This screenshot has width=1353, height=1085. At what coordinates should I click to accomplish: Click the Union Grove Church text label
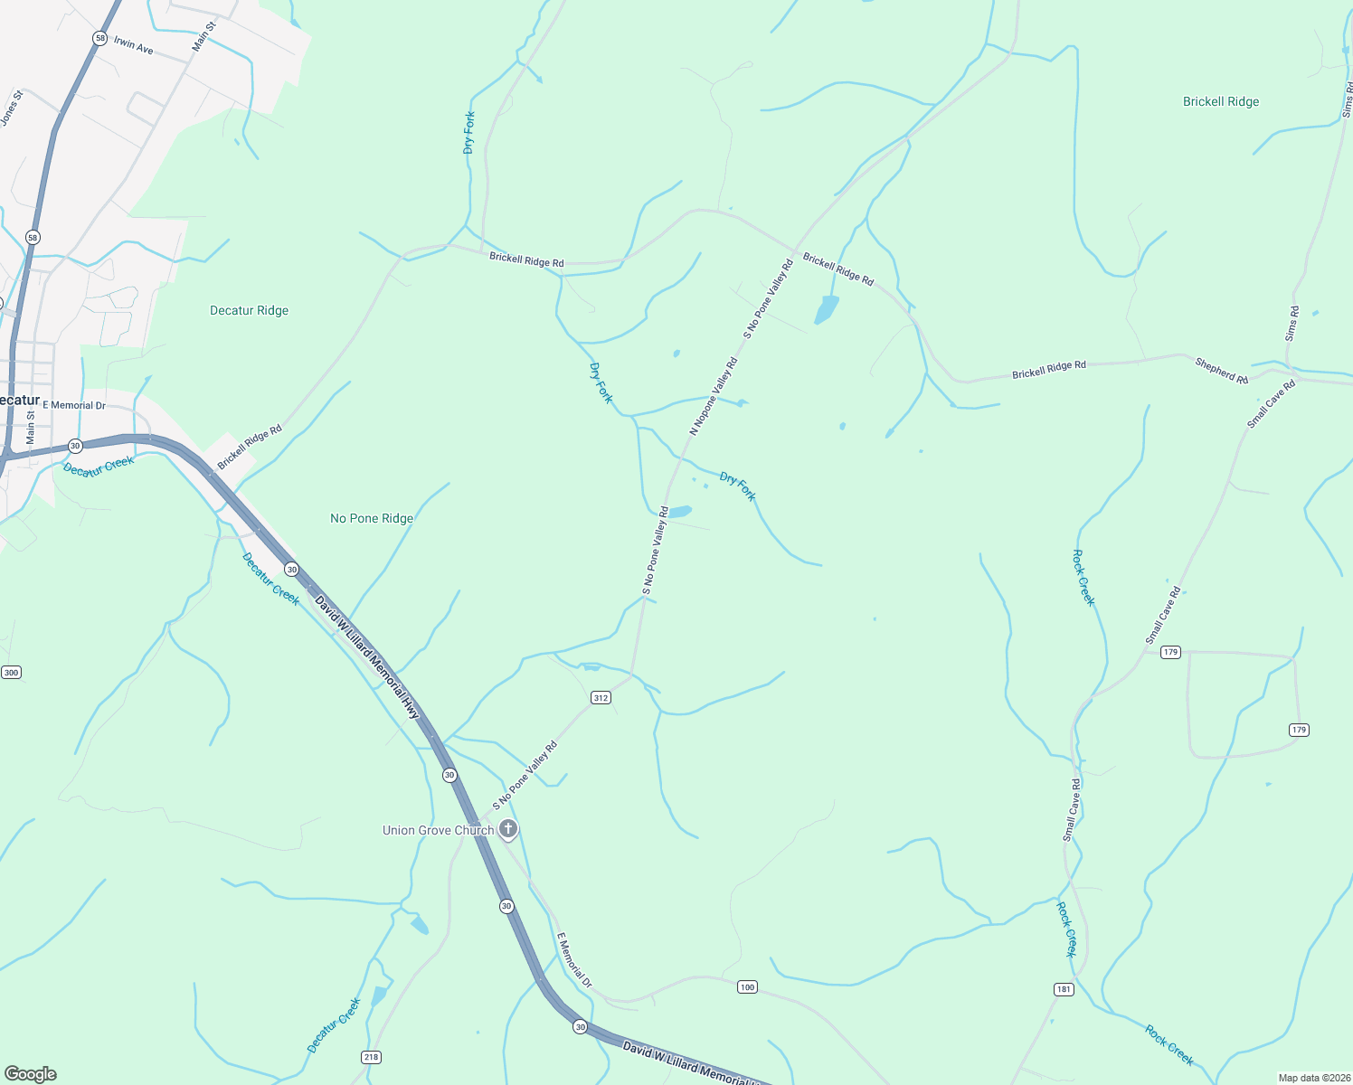438,830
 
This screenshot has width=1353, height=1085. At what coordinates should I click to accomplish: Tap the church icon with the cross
508,828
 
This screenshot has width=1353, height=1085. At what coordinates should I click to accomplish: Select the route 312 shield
601,697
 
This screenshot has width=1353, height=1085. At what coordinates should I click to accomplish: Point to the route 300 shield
11,673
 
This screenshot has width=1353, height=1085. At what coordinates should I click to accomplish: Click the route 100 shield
746,986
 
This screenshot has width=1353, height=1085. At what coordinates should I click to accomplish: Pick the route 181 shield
1064,989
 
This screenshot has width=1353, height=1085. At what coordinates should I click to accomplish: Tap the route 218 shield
371,1057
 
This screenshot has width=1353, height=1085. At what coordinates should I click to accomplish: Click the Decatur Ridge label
249,310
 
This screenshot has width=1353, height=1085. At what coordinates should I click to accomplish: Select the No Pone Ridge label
372,518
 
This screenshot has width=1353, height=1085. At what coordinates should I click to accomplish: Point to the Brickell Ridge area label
1221,101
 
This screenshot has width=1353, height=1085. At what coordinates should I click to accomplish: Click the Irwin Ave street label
134,45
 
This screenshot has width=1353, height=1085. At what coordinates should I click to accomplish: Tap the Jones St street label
11,108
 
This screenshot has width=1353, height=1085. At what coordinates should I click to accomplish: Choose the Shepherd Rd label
1221,371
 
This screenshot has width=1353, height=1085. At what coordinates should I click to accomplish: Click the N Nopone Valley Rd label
714,396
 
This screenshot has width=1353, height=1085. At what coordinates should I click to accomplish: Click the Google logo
30,1074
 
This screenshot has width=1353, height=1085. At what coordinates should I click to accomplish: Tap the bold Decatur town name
18,400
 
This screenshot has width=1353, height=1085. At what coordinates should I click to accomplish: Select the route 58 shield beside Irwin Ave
99,38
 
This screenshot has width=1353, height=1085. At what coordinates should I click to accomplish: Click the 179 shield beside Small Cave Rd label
1170,652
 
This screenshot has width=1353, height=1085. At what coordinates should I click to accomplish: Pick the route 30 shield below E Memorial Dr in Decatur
75,446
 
